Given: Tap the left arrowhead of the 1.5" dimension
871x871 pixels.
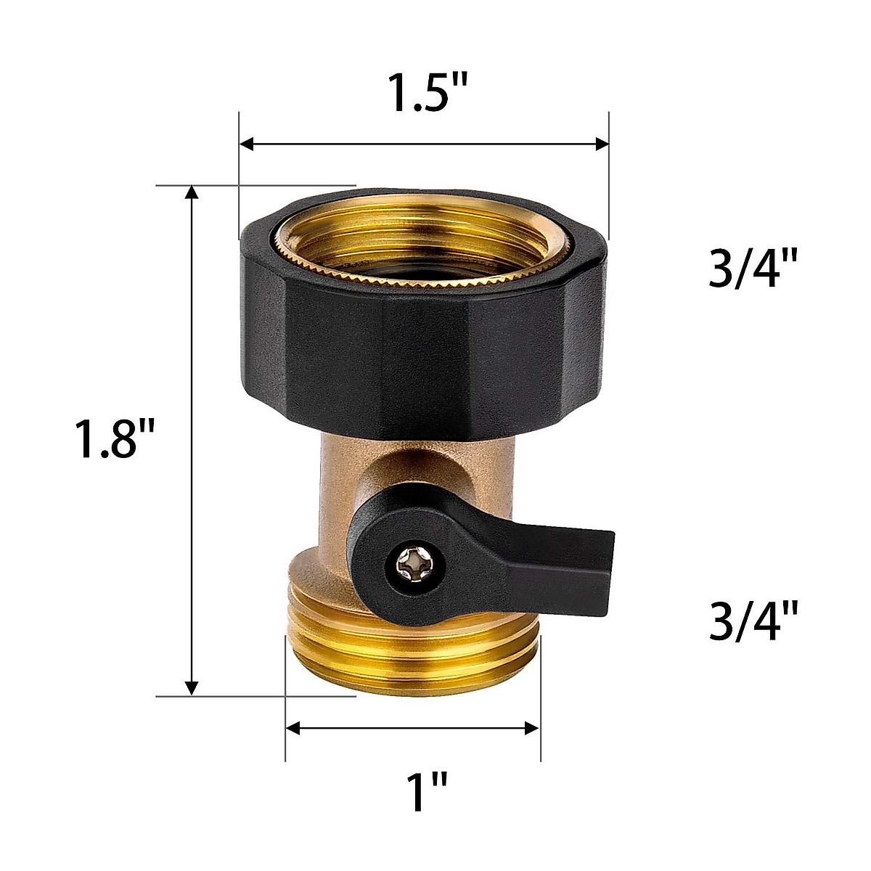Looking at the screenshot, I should click(247, 144).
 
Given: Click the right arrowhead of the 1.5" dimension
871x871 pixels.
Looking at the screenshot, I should click(601, 144).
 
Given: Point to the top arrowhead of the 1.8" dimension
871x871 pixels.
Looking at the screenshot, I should click(192, 193).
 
